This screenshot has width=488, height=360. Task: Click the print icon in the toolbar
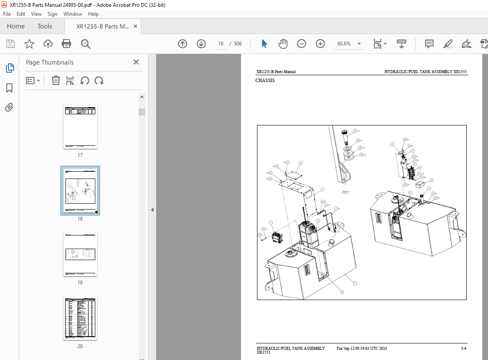coord(66,44)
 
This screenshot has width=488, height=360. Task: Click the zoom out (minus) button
coord(302,44)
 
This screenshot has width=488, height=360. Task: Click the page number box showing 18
coord(221,44)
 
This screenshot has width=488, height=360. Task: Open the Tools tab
coord(45,26)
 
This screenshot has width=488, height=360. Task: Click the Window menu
coord(73,14)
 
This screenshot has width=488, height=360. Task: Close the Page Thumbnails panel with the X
coord(136,62)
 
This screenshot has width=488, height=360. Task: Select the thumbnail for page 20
coord(80,318)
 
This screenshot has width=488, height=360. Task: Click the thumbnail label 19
coord(80,283)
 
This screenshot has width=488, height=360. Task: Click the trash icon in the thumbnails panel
coord(56,80)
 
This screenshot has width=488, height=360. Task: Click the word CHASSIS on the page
coord(265,81)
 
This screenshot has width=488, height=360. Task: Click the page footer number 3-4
coord(463,349)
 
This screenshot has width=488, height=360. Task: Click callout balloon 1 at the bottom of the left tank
coord(355,283)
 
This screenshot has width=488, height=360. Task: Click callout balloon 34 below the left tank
coord(342,292)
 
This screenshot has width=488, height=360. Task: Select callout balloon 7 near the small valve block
coord(271,223)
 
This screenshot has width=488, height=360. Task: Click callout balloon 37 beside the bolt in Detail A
coord(355,131)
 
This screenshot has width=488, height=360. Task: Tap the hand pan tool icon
coord(283,44)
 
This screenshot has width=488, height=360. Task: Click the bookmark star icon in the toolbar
coord(29,44)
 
